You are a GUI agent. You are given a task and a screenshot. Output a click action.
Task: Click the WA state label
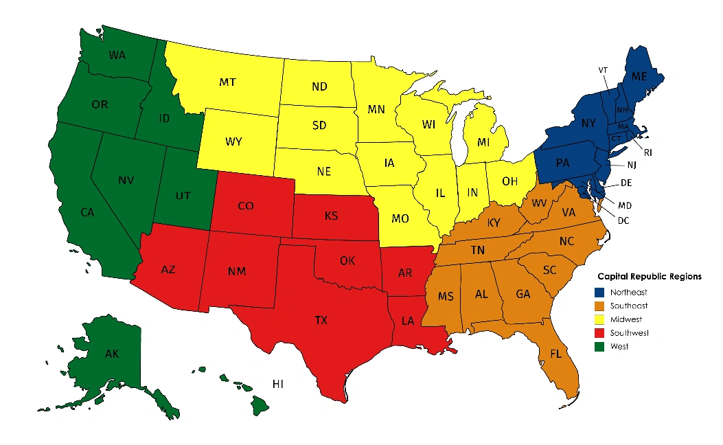pos(118,54)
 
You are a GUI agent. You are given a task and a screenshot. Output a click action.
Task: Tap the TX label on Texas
pos(321,321)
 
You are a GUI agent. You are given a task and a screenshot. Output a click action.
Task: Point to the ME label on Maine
pos(639,76)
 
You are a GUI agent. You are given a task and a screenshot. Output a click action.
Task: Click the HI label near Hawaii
pos(278,384)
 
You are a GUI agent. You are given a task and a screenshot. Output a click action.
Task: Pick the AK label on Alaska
pos(112,355)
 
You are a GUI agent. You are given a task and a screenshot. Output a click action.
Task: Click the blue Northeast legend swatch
pos(601,293)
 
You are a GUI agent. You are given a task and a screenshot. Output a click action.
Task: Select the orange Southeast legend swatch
pos(601,306)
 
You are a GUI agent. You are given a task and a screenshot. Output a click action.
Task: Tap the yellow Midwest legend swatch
pos(601,319)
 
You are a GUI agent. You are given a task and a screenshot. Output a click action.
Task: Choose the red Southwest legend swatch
pos(601,333)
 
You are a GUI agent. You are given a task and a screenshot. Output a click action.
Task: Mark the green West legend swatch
pos(601,347)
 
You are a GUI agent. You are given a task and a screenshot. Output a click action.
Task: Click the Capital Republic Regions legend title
pos(649,277)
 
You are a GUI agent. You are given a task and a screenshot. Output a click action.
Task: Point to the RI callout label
pos(647,152)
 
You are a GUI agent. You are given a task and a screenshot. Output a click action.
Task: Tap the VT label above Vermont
pos(603,70)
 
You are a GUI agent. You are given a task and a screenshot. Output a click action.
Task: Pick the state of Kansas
pos(332,217)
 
